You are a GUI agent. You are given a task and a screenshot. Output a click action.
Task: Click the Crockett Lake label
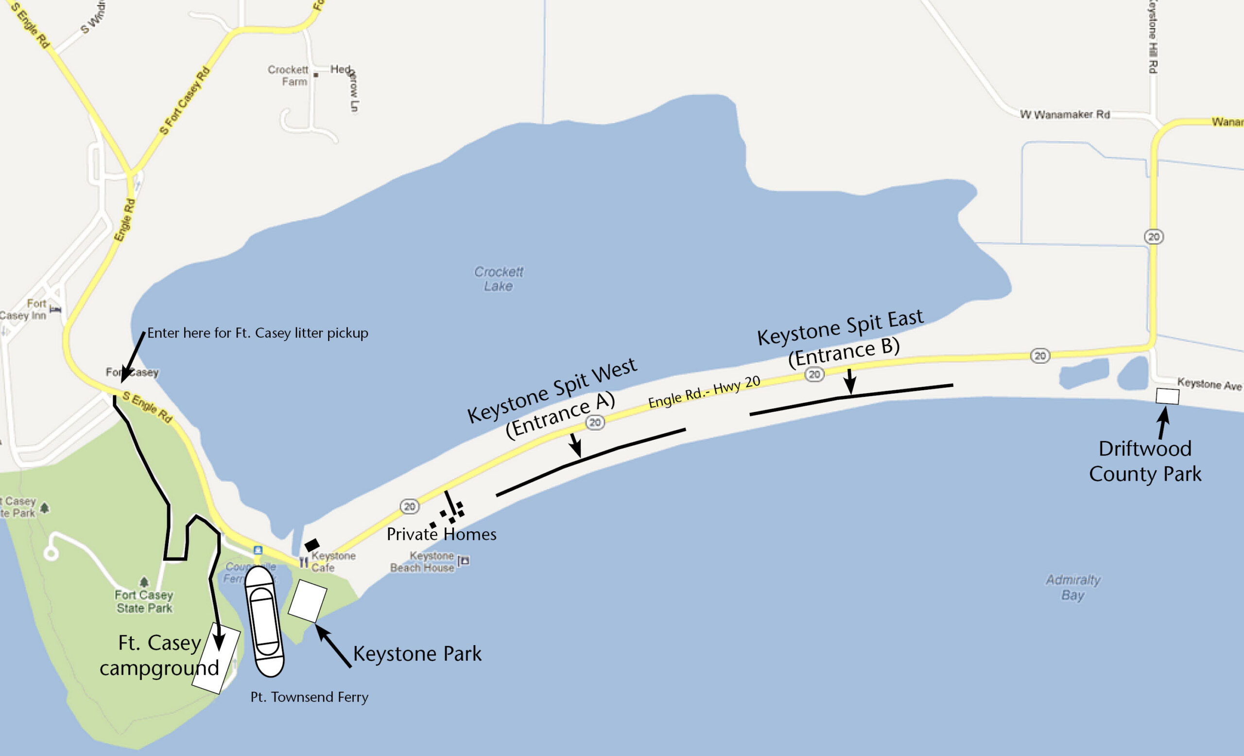[x=498, y=279]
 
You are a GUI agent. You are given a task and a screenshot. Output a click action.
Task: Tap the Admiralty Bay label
[x=1073, y=587]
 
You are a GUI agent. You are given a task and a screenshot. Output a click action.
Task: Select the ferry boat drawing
[x=263, y=622]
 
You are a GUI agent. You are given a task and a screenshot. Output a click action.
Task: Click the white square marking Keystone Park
[x=308, y=601]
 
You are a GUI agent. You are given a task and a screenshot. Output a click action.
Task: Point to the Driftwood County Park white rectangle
[x=1167, y=396]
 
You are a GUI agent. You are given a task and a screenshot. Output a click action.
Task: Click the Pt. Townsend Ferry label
[x=309, y=697]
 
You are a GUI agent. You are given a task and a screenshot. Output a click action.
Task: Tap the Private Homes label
[x=441, y=534]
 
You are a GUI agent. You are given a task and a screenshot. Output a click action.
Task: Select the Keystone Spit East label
[x=840, y=327]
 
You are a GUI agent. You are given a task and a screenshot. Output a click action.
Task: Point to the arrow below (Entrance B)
[x=850, y=381]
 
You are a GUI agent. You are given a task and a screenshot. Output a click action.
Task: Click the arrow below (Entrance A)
[x=575, y=445]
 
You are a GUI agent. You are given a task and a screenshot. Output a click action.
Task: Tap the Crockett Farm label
[x=288, y=75]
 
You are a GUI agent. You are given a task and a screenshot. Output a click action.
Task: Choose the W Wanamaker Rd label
[x=1064, y=115]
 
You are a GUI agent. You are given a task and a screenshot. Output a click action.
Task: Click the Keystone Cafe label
[x=333, y=561]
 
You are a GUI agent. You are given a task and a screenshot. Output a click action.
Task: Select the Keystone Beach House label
[x=423, y=561]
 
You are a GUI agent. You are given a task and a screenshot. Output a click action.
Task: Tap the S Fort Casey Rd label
[x=184, y=101]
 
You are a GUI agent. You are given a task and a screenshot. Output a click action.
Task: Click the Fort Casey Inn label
[x=24, y=309]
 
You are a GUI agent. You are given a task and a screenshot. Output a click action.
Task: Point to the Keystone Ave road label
[x=1209, y=383]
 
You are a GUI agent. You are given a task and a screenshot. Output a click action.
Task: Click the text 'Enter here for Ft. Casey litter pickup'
[x=258, y=333]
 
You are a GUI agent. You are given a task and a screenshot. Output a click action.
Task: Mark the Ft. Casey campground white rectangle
[x=216, y=659]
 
